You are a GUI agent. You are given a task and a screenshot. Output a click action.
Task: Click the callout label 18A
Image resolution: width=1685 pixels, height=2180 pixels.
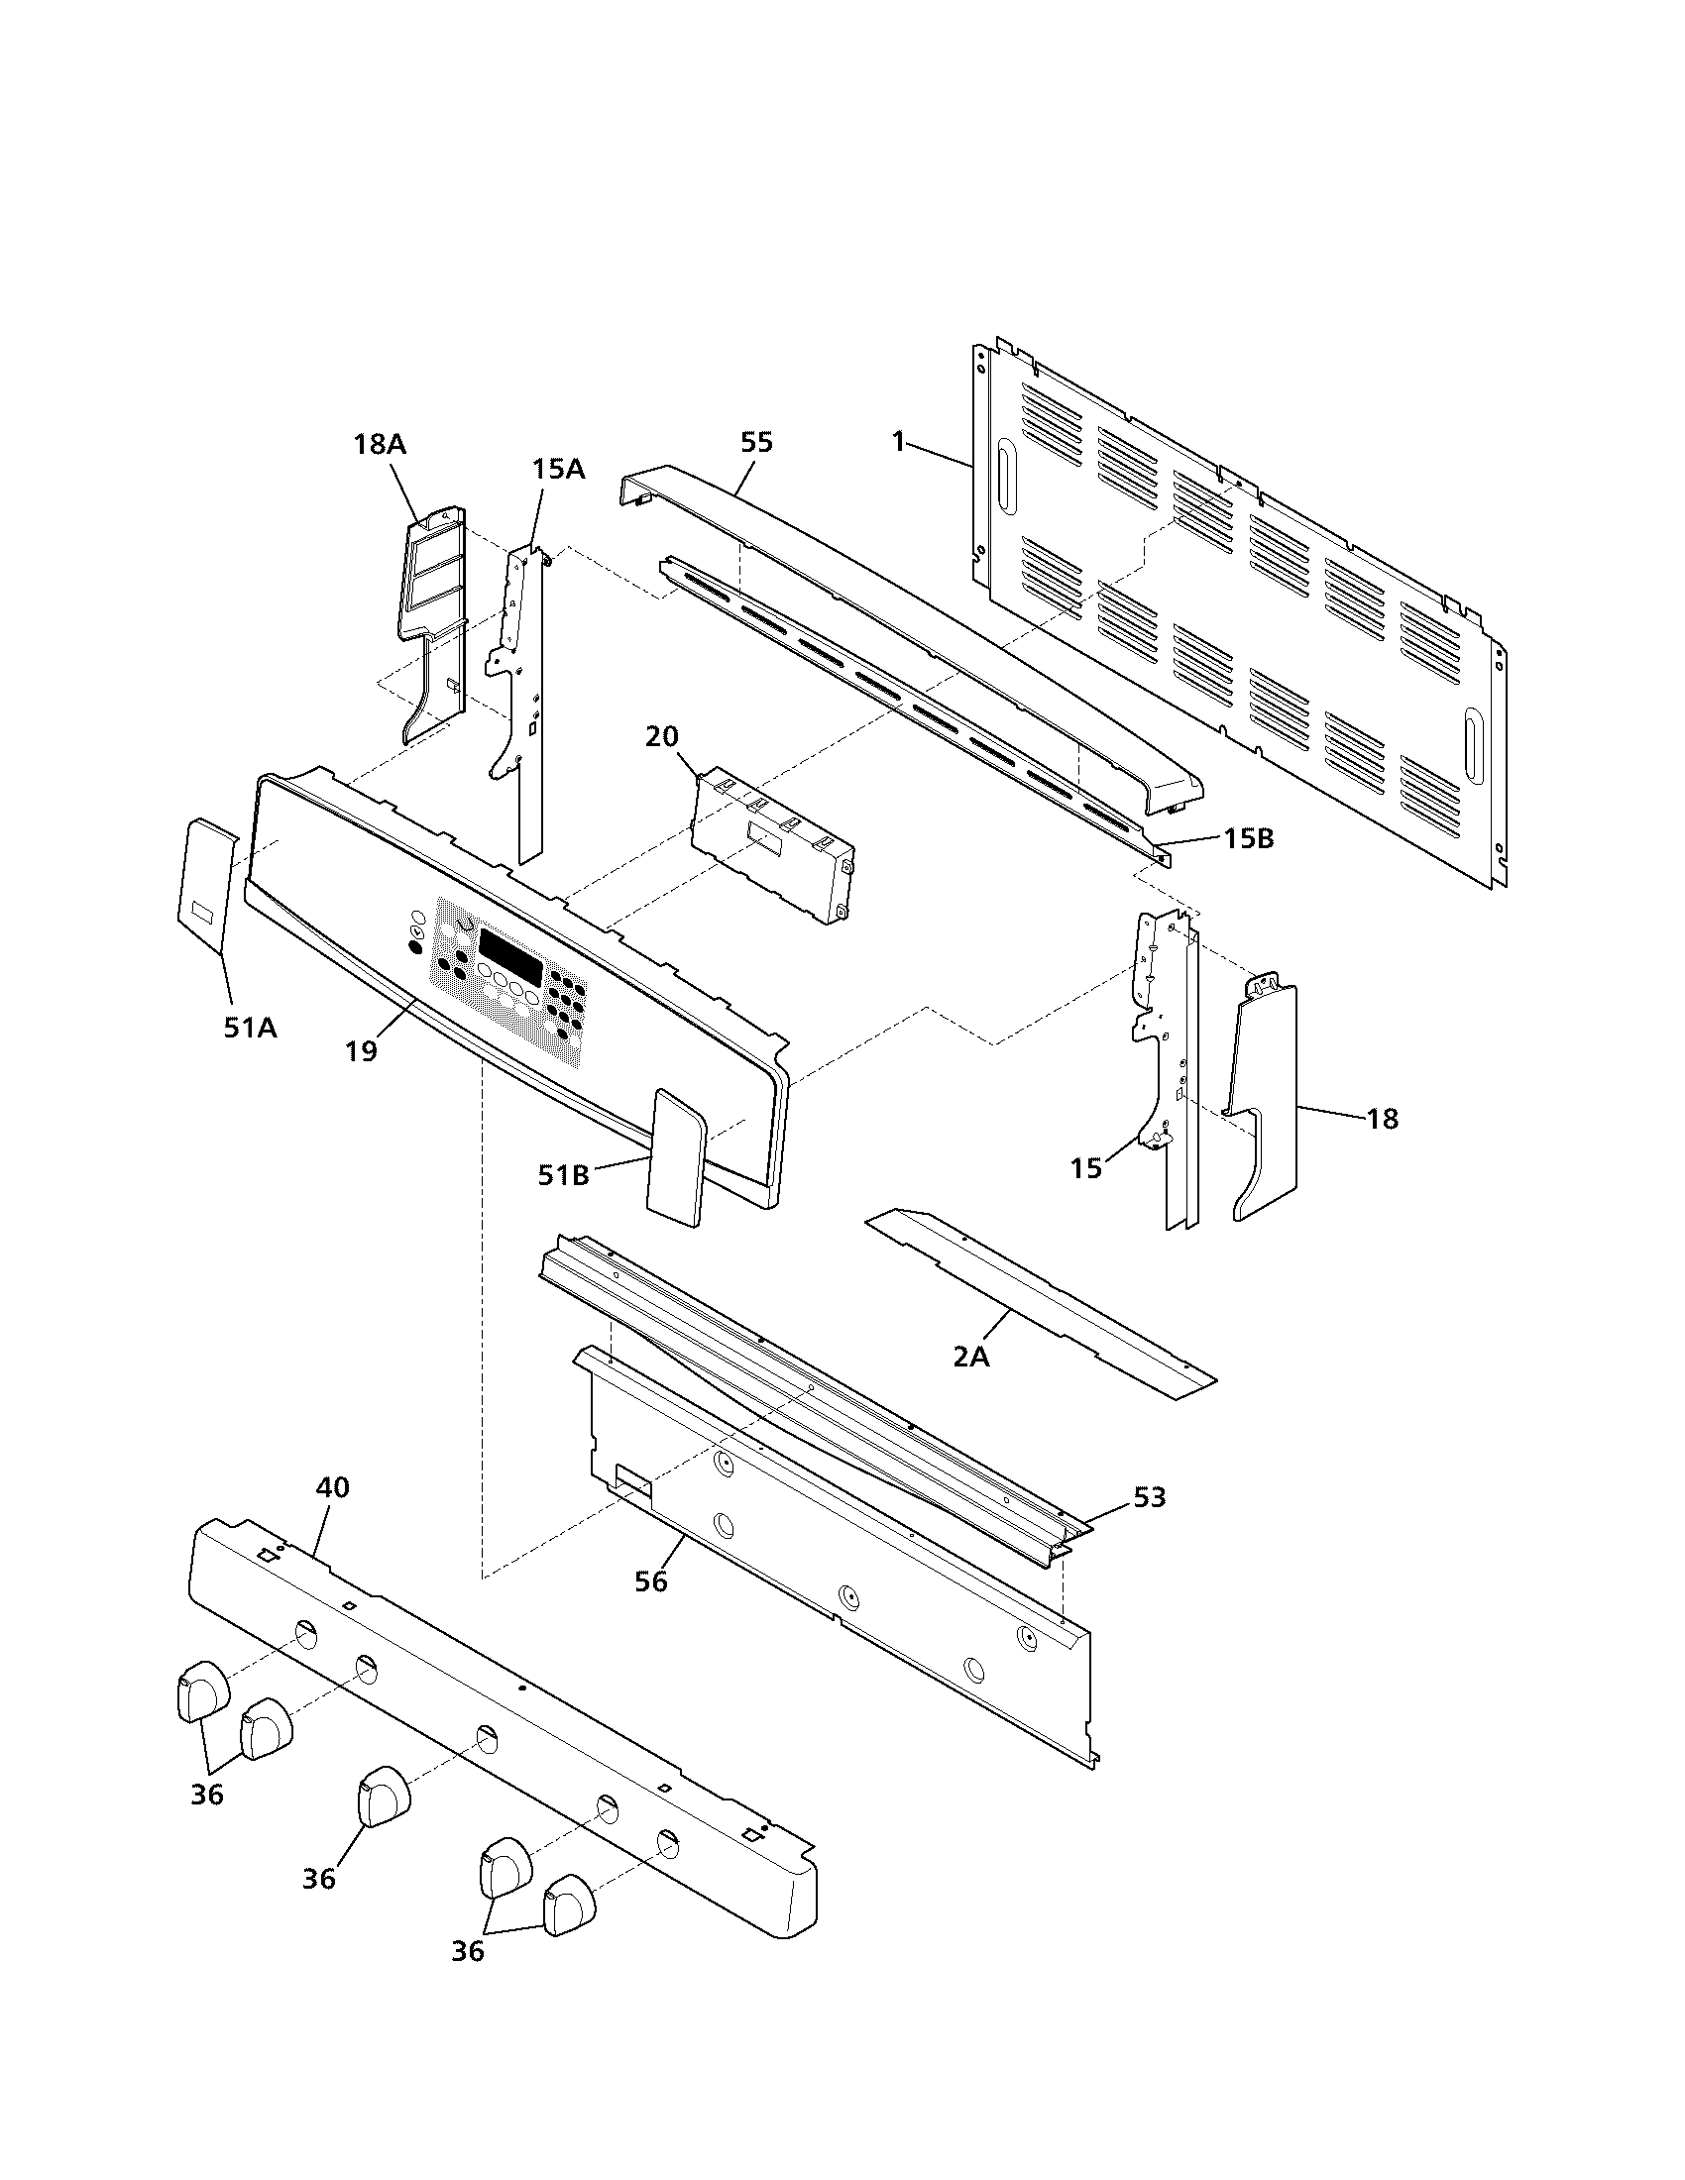380,444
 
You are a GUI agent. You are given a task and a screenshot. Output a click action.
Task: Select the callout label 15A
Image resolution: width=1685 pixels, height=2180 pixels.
558,468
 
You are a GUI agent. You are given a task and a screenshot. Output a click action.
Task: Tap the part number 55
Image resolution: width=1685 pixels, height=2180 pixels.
756,442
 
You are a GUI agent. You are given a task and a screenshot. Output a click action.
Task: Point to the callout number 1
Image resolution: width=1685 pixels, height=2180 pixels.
898,441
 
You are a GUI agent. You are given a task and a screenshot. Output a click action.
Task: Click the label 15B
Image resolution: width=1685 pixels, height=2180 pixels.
1249,839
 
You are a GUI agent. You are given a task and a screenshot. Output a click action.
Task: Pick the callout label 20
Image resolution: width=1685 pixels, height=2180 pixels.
662,736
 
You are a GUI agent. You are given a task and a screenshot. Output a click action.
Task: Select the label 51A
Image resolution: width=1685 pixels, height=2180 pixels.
250,1028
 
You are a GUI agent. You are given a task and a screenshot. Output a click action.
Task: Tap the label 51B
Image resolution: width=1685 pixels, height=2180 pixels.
563,1176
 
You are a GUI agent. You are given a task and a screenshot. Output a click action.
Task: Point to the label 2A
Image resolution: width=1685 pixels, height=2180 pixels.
970,1358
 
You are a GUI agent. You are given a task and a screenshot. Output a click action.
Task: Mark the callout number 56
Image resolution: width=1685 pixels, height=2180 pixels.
651,1582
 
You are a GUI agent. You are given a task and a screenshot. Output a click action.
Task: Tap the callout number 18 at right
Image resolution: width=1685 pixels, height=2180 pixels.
1383,1119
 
